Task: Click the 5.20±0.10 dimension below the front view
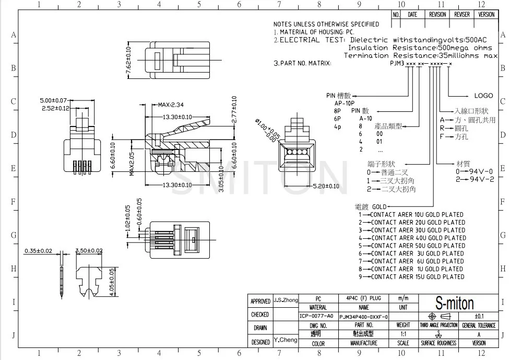pos(325,186)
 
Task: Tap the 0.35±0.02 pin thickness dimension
pos(38,251)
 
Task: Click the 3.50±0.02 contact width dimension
pos(88,251)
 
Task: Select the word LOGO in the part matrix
pos(483,96)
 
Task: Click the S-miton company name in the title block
pos(455,304)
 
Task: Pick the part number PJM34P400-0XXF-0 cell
pos(364,317)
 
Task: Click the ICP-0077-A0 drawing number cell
pos(316,316)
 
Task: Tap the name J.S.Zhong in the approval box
pos(286,300)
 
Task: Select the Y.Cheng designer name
pos(285,340)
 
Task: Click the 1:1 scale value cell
pos(403,334)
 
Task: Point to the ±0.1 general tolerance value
pos(479,316)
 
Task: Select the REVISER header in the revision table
pos(462,15)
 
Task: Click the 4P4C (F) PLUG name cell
pos(363,298)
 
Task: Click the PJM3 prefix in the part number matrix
pos(397,63)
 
